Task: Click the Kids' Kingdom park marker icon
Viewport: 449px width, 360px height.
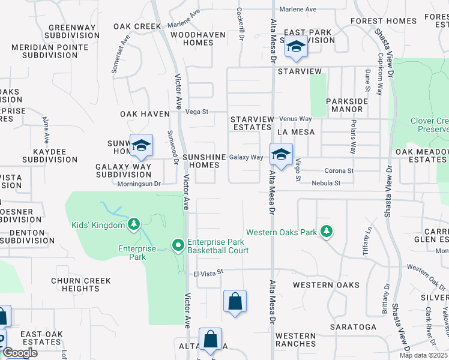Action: point(134,224)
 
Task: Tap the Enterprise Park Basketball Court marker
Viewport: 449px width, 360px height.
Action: point(178,245)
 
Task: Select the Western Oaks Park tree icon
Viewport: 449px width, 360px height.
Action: point(326,231)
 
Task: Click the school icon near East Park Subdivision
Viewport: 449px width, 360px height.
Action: point(295,46)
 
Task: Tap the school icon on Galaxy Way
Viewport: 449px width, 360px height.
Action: point(280,154)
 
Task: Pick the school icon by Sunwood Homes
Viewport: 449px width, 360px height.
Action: point(141,145)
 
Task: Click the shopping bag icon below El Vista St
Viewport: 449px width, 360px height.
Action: point(235,301)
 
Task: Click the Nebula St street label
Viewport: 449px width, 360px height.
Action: point(326,183)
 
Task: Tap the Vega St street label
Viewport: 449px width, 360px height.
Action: point(197,112)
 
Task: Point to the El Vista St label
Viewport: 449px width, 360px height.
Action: point(208,272)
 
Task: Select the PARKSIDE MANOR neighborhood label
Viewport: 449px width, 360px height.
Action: point(347,106)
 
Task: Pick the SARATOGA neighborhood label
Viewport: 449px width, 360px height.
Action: point(353,328)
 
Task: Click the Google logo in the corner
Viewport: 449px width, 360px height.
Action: point(20,353)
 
